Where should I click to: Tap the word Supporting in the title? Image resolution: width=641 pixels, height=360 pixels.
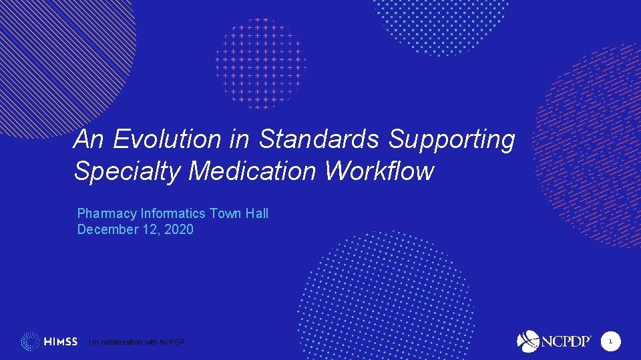pyautogui.click(x=452, y=140)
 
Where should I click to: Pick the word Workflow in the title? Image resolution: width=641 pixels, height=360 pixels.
pyautogui.click(x=379, y=171)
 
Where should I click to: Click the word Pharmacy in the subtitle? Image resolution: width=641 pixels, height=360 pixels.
pyautogui.click(x=107, y=214)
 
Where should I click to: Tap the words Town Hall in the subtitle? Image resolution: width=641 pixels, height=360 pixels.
pyautogui.click(x=239, y=213)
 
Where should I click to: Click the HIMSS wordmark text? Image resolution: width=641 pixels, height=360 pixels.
pyautogui.click(x=61, y=342)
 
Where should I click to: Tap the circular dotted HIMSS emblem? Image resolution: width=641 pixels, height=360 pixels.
pyautogui.click(x=31, y=342)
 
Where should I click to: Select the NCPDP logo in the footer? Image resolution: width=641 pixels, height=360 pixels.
pyautogui.click(x=554, y=341)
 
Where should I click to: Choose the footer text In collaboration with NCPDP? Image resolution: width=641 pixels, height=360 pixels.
pyautogui.click(x=138, y=343)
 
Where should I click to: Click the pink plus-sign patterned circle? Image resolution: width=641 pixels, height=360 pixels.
pyautogui.click(x=261, y=63)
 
